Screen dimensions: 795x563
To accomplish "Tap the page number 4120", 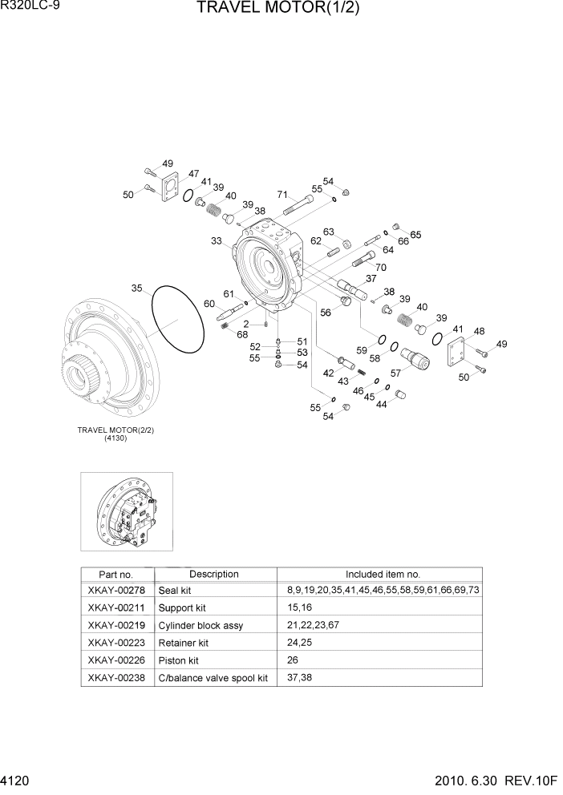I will [x=17, y=780].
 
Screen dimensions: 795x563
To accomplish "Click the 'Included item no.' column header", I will [x=383, y=574].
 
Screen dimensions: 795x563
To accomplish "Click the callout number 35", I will [x=137, y=287].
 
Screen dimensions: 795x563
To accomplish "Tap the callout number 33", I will [x=217, y=240].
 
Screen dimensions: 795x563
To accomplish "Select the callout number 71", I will [x=282, y=194].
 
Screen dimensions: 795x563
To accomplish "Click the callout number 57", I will [x=395, y=373].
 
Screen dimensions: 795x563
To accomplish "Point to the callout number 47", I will [x=194, y=173].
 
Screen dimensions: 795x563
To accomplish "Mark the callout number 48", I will [x=479, y=331].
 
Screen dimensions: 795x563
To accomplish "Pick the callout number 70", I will [x=380, y=267].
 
